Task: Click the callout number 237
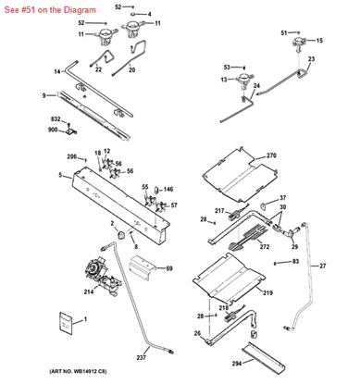click(142, 357)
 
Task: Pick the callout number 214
click(88, 291)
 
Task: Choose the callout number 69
click(169, 268)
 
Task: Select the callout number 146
click(168, 189)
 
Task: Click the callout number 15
click(320, 42)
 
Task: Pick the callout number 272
click(264, 247)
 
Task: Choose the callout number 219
click(267, 292)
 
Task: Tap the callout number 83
click(295, 262)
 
